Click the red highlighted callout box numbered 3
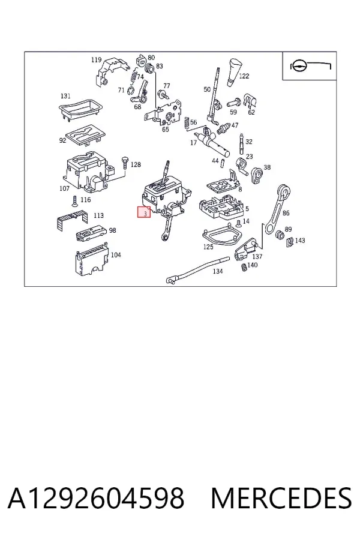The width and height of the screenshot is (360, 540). (144, 212)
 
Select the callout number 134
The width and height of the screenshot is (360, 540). (218, 271)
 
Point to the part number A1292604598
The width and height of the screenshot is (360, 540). (96, 498)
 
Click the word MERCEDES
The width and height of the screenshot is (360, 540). (281, 498)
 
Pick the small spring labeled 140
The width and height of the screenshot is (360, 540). (244, 267)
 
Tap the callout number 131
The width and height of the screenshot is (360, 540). (65, 96)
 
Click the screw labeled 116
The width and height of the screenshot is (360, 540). (74, 201)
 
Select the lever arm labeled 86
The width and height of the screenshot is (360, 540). (277, 210)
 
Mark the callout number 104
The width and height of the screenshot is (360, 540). (116, 255)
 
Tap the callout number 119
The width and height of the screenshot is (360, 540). (96, 60)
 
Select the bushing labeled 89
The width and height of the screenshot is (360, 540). (280, 234)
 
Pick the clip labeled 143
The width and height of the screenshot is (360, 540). (290, 242)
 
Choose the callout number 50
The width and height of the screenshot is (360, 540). (206, 89)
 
